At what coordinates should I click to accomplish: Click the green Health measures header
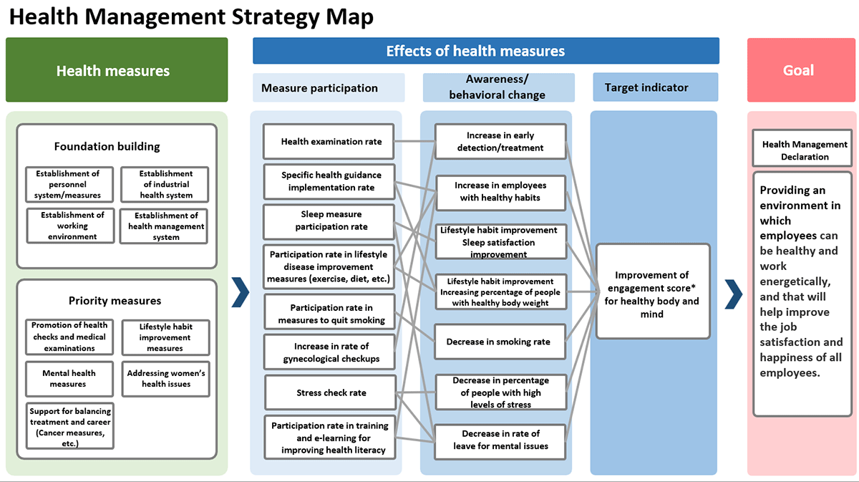(116, 70)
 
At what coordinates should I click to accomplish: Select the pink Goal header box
(801, 70)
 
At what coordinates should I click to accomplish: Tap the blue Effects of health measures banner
(485, 51)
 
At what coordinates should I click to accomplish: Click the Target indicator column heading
(655, 87)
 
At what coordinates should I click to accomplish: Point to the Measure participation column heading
(328, 88)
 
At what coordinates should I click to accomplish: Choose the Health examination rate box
(331, 142)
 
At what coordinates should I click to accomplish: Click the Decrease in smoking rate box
(499, 342)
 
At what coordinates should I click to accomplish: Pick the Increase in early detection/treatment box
(500, 142)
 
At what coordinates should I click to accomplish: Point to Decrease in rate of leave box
(500, 440)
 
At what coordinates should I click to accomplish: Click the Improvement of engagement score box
(652, 291)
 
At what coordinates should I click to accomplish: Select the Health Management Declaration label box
(804, 150)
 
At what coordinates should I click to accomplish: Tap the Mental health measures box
(69, 379)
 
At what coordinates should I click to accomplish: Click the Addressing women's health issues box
(166, 379)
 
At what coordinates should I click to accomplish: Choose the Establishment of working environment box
(70, 226)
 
